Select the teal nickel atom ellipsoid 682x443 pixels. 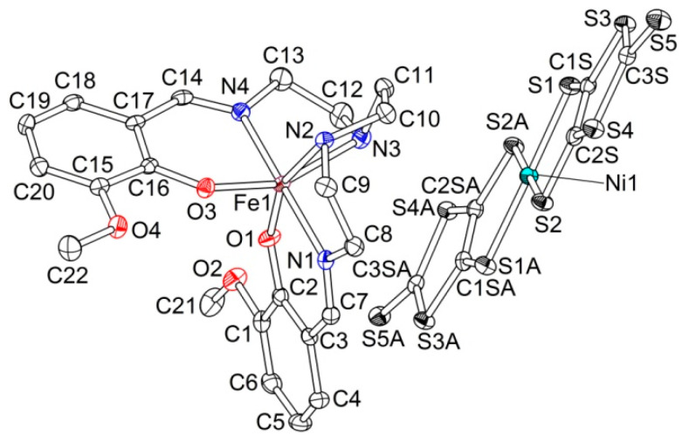(x=527, y=177)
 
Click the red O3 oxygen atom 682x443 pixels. (x=206, y=187)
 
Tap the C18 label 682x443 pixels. (x=76, y=77)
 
